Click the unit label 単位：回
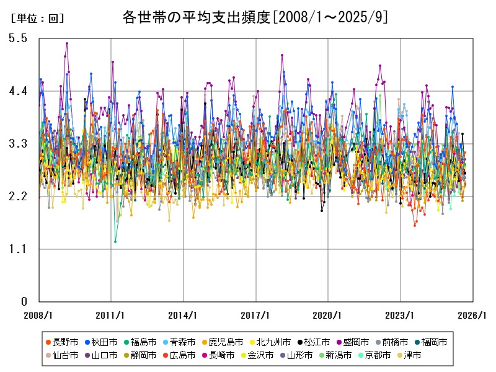click(x=37, y=19)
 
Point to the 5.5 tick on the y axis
click(x=19, y=38)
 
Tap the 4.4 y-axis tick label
click(x=19, y=91)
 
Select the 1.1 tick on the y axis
click(x=19, y=249)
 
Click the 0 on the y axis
click(x=24, y=302)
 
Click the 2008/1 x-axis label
click(x=38, y=315)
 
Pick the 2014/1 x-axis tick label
click(x=184, y=315)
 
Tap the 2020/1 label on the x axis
click(x=328, y=315)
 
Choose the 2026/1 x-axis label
click(x=472, y=315)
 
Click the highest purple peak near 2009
click(x=67, y=43)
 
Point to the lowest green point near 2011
click(x=115, y=241)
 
